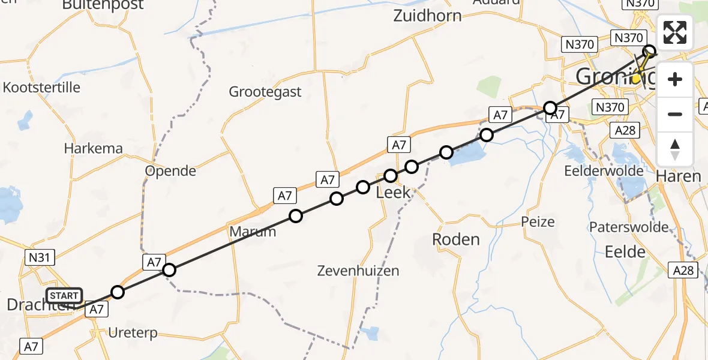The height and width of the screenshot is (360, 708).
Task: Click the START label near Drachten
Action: point(64,296)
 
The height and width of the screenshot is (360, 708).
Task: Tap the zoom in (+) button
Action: point(675,80)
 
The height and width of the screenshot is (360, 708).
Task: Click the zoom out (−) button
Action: point(675,114)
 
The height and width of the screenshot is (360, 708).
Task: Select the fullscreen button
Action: point(675,33)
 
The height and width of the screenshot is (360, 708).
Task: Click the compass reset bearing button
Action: point(675,149)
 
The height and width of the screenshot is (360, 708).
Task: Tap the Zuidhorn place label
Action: point(427,16)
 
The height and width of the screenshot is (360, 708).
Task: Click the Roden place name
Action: point(456,239)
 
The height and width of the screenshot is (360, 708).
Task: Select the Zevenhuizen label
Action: point(359,271)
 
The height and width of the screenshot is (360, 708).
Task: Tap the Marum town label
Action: point(252,232)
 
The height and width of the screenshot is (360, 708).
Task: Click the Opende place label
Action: point(171,171)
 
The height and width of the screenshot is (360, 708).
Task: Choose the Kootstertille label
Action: point(41,87)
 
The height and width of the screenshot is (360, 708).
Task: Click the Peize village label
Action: point(538,222)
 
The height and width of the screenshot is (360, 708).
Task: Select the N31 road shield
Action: point(41,258)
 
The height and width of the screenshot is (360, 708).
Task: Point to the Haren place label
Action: point(679,176)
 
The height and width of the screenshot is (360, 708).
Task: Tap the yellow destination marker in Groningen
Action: point(636,79)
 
